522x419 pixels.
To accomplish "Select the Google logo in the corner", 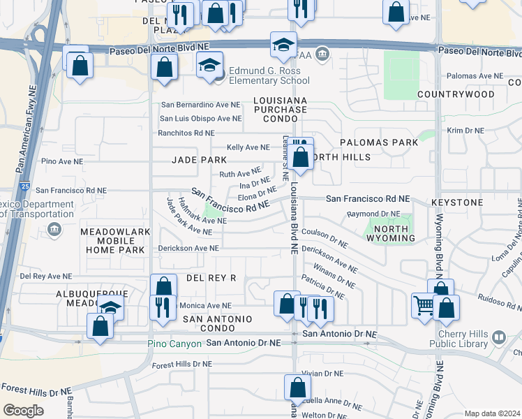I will click(x=23, y=411).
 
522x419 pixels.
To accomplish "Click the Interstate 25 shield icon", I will click(x=24, y=186).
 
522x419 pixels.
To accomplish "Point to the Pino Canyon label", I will click(x=174, y=344).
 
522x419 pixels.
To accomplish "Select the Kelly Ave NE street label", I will click(x=248, y=147).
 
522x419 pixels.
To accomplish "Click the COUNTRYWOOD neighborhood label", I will click(x=446, y=94).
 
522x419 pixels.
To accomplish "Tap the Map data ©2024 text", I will click(x=492, y=413).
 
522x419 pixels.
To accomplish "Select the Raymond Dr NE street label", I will click(x=374, y=214).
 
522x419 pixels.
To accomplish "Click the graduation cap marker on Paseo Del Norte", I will click(x=284, y=45).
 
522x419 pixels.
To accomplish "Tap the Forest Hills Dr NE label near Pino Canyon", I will click(x=182, y=364).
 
